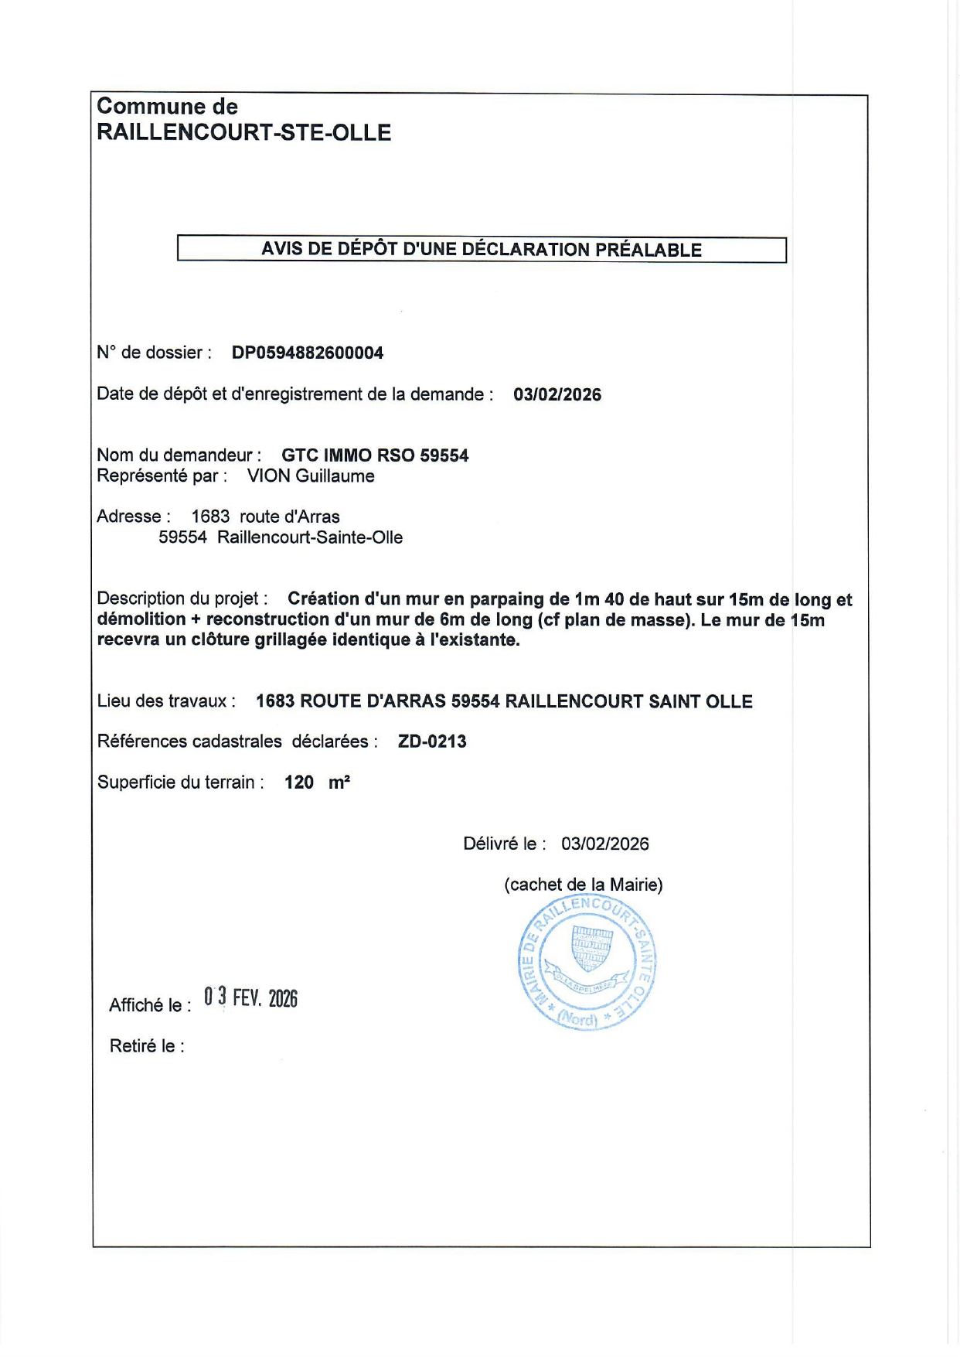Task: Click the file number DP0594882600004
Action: (307, 353)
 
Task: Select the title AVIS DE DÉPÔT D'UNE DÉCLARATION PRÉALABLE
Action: (481, 250)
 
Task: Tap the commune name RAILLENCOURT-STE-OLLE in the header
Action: (243, 133)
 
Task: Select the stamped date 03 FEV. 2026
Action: (250, 998)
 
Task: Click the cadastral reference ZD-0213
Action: (432, 742)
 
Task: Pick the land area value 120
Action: (298, 782)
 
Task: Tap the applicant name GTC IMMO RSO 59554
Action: (375, 455)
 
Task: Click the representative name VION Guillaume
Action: (311, 476)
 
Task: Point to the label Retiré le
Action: (147, 1046)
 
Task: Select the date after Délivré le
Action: (604, 844)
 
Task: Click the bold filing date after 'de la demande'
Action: (557, 394)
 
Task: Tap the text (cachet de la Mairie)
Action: (584, 885)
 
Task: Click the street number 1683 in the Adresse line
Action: (210, 517)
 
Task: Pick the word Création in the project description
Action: (323, 599)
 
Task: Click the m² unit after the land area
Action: (339, 782)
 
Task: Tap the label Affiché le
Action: (150, 1005)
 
